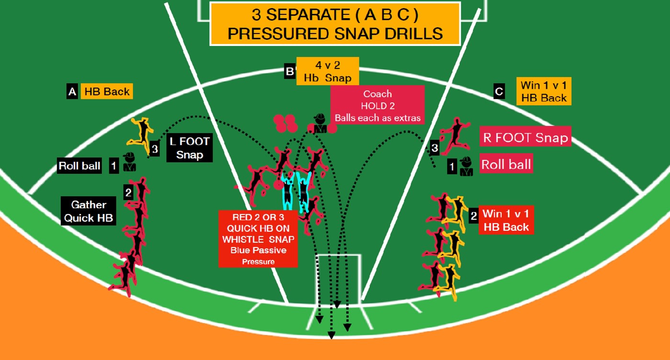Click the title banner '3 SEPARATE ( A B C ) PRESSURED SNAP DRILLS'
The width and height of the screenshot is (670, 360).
click(x=335, y=24)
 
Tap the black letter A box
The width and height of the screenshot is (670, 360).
click(x=72, y=91)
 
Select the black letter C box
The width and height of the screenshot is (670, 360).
click(x=499, y=91)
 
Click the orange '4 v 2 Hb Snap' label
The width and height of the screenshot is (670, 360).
click(x=327, y=71)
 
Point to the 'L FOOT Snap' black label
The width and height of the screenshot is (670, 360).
click(x=190, y=148)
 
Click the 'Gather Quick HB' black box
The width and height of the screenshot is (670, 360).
click(x=89, y=211)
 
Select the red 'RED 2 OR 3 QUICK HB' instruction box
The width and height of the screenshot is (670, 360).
click(x=258, y=239)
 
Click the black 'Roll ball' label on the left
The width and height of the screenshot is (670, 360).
click(x=79, y=166)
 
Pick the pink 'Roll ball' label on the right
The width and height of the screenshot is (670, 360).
click(x=506, y=164)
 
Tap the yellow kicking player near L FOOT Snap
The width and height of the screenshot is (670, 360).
click(x=141, y=135)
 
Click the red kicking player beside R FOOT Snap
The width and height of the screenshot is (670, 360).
click(x=455, y=135)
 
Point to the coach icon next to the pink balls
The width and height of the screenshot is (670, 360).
click(x=320, y=123)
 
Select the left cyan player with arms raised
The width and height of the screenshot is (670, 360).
click(x=288, y=192)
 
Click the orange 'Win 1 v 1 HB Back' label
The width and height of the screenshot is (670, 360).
click(x=544, y=91)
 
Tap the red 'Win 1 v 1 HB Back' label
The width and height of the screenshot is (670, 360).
click(x=506, y=220)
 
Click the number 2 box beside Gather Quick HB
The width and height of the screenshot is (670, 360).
click(x=128, y=192)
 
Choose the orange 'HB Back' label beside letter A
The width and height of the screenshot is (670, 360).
click(x=107, y=91)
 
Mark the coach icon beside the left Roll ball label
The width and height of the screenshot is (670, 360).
click(x=129, y=162)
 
